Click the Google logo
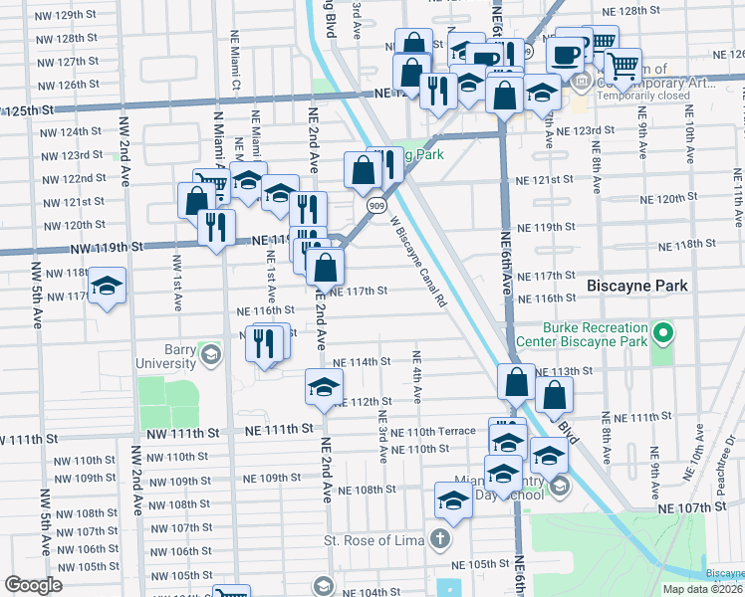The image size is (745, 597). tap(33, 585)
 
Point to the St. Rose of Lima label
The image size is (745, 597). tap(374, 540)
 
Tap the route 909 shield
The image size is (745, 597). tap(374, 205)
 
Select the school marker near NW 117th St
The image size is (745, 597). tap(107, 287)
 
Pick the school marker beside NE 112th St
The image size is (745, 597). tap(324, 388)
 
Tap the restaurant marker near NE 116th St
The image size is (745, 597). tap(263, 342)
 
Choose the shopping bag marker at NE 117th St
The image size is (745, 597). tap(325, 267)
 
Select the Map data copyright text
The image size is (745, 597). tap(703, 588)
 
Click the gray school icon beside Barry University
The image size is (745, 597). tap(211, 355)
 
